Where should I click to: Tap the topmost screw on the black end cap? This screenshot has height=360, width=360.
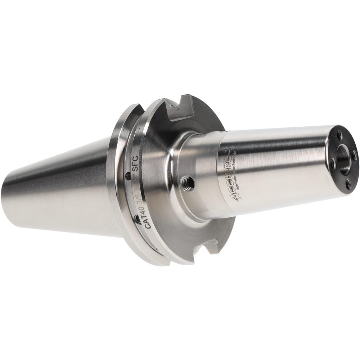click(339, 136)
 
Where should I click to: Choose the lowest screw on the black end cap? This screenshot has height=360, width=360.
click(347, 184)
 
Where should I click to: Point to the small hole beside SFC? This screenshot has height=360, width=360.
click(128, 175)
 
